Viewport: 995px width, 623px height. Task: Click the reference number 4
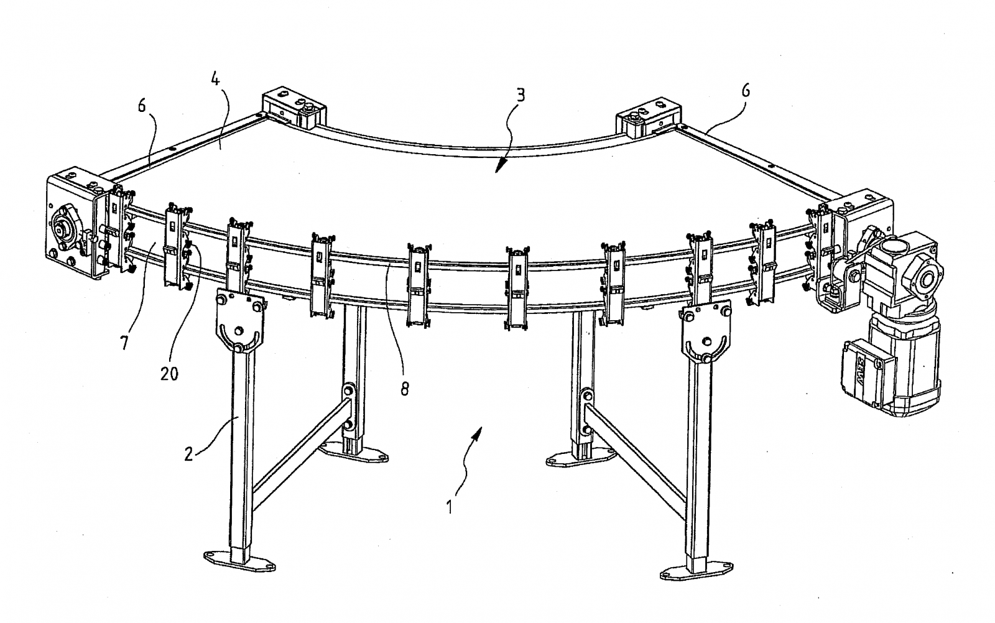pos(215,80)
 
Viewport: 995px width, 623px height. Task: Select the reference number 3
pos(521,95)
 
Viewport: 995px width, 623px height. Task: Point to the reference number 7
pos(124,343)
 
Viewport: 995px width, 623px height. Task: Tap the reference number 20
pos(169,374)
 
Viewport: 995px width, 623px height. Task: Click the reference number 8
pos(405,389)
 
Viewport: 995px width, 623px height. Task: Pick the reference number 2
pos(189,455)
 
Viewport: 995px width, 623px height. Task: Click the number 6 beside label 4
pos(142,106)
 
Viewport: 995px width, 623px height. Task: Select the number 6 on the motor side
pos(746,91)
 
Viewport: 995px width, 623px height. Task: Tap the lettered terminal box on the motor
pos(862,374)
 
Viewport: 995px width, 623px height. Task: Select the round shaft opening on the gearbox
pos(925,279)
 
